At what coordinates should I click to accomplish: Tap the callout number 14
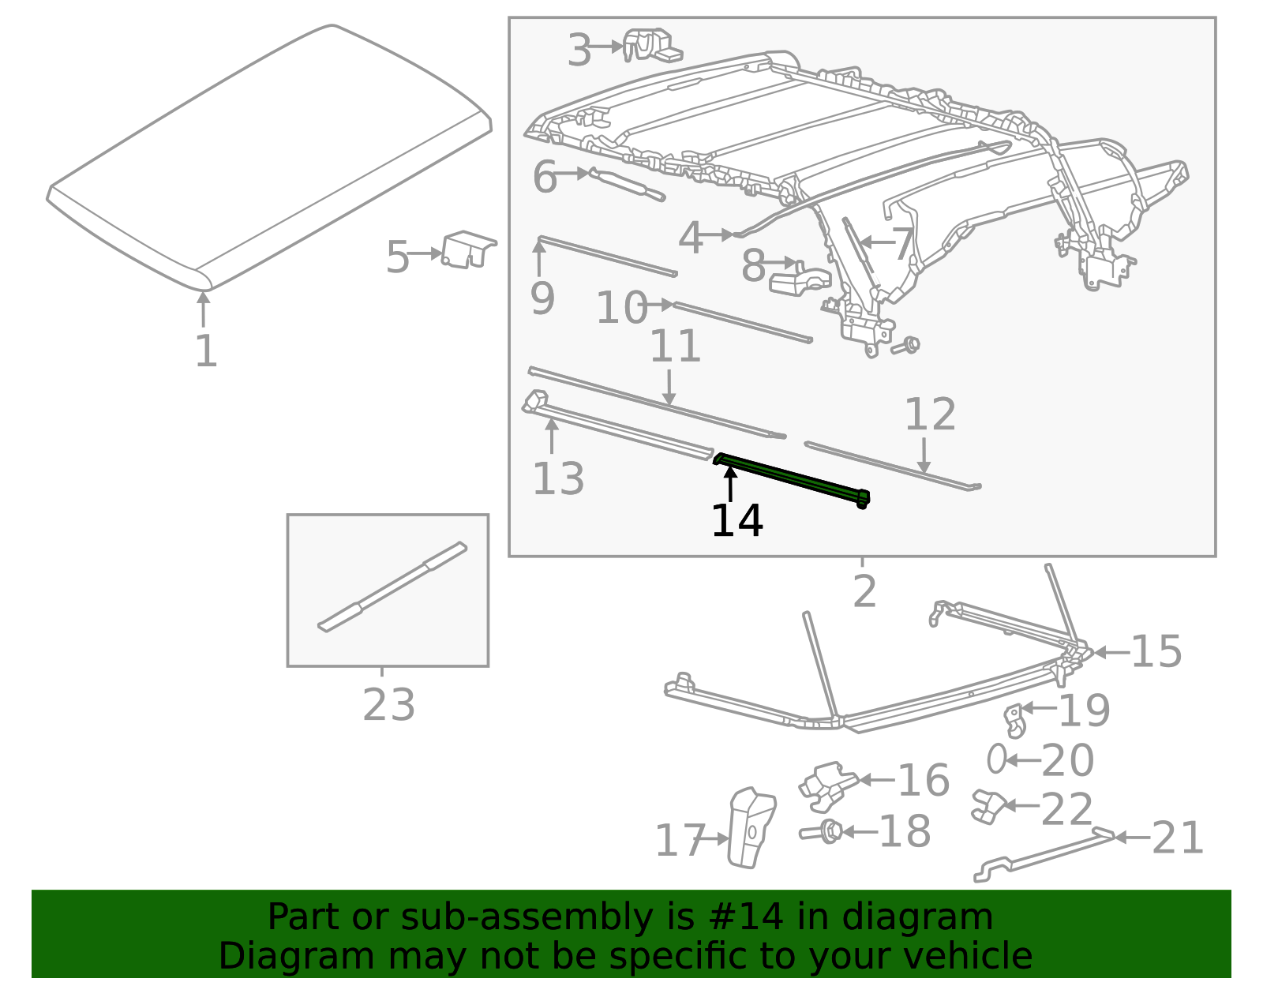[x=736, y=522]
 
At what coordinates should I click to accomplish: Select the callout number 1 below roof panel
[x=205, y=351]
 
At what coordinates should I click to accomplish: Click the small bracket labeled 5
[x=466, y=250]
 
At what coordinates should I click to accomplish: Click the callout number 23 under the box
[x=388, y=705]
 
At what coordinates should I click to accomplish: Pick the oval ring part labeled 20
[x=996, y=759]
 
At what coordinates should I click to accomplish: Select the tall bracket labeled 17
[x=751, y=827]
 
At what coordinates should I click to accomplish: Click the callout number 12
[x=930, y=414]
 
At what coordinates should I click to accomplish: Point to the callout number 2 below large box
[x=864, y=591]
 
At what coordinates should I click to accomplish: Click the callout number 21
[x=1177, y=838]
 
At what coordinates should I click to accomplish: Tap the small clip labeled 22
[x=986, y=806]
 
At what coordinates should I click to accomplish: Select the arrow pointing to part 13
[x=552, y=435]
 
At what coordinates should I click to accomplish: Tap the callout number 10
[x=621, y=308]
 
